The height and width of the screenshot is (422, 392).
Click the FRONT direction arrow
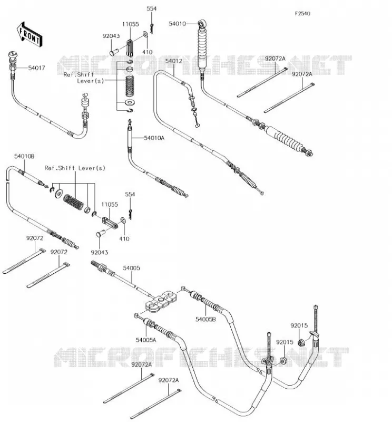30,35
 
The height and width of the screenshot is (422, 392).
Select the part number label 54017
36,68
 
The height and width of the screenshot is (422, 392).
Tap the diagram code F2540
302,14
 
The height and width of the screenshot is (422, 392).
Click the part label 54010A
154,138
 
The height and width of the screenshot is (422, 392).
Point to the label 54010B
24,156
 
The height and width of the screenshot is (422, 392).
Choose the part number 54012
173,61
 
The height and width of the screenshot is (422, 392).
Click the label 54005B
205,319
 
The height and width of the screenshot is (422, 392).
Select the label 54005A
146,340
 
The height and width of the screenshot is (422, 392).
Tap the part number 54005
132,268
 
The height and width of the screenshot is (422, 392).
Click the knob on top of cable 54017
13,55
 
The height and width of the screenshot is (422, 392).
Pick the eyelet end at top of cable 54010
202,24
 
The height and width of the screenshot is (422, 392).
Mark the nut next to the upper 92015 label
302,342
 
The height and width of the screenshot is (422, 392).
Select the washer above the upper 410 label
145,34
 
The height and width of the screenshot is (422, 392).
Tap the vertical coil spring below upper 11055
130,86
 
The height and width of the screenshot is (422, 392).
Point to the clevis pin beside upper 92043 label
114,52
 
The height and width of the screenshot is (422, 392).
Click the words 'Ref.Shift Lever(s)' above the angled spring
75,168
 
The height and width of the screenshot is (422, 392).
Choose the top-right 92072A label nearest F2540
275,59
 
